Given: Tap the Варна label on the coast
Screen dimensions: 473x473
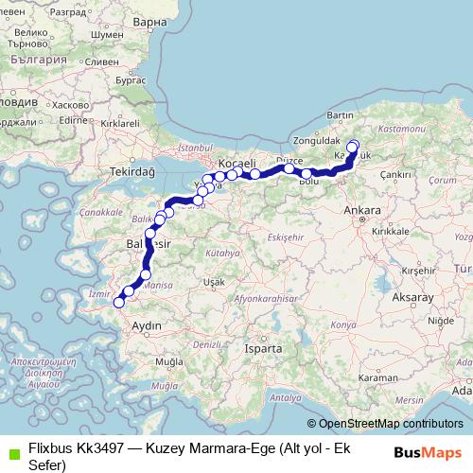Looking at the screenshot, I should click(149, 20).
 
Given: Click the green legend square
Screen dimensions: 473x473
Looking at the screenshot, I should click(9, 451).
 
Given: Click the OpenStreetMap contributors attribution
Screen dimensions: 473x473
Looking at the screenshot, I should click(388, 425).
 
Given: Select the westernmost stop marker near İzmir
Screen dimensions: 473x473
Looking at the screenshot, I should click(119, 303).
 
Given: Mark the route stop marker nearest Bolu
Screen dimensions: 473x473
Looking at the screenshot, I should click(307, 174).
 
